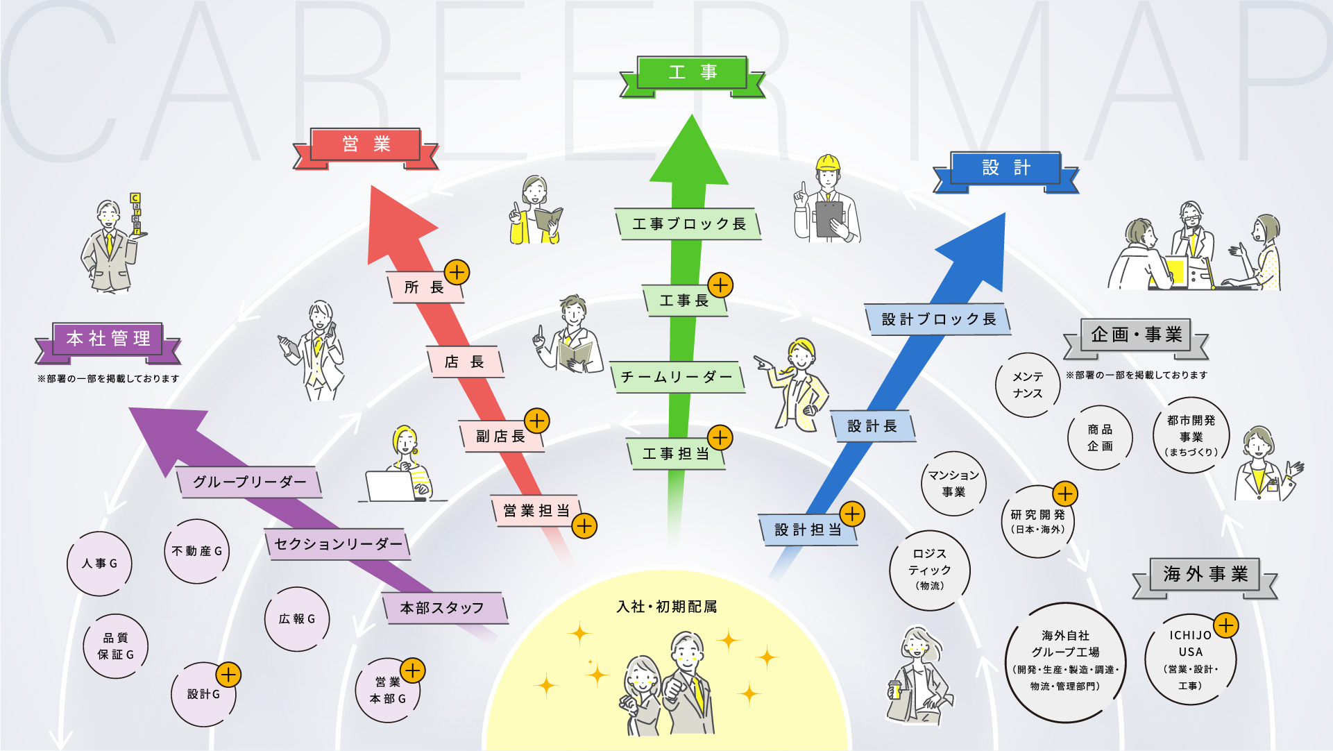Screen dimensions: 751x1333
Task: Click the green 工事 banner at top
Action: click(x=692, y=73)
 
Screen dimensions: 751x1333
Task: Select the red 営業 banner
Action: click(x=366, y=144)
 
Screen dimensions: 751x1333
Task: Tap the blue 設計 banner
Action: click(x=1005, y=168)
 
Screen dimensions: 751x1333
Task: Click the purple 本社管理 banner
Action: click(x=108, y=339)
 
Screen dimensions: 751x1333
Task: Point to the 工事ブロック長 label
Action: click(x=688, y=224)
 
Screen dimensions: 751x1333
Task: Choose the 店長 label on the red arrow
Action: click(x=464, y=362)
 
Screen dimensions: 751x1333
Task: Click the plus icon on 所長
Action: click(x=457, y=272)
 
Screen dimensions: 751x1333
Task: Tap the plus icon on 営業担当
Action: click(x=584, y=526)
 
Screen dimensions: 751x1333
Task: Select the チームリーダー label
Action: click(x=677, y=378)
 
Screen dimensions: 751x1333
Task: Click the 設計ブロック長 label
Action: click(x=938, y=319)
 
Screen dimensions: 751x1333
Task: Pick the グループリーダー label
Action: click(x=249, y=482)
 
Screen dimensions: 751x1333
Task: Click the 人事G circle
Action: click(x=99, y=564)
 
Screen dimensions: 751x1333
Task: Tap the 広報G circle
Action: click(x=296, y=619)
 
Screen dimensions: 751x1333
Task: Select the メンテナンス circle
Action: click(x=1027, y=385)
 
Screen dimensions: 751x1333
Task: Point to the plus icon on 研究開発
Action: click(x=1064, y=493)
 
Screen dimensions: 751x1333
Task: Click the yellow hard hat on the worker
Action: click(x=827, y=163)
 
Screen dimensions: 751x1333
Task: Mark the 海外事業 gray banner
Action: click(x=1205, y=575)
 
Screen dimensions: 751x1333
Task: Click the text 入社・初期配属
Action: click(x=666, y=607)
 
